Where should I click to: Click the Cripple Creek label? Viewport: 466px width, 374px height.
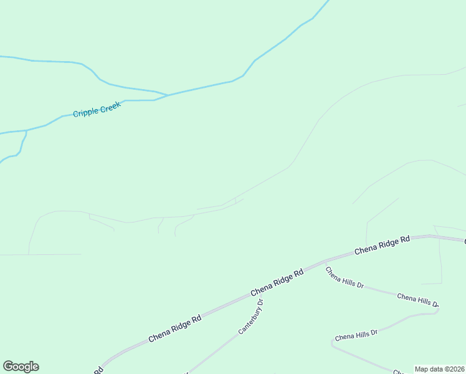[x=96, y=109]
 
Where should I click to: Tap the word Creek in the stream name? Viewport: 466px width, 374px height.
[x=108, y=107]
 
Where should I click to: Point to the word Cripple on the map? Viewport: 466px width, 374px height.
[x=85, y=112]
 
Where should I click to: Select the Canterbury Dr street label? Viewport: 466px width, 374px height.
[x=251, y=317]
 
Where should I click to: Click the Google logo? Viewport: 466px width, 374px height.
[x=21, y=367]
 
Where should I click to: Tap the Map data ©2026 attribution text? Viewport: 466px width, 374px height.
[x=440, y=369]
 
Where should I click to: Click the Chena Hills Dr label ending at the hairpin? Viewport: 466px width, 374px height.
[x=417, y=300]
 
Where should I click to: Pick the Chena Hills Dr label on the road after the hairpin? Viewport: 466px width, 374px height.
[x=356, y=335]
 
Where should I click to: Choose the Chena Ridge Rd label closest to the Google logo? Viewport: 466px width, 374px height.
[x=175, y=328]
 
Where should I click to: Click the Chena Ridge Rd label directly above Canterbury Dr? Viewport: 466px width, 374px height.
[x=277, y=282]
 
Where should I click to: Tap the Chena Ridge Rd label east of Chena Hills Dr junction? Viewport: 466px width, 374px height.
[x=382, y=245]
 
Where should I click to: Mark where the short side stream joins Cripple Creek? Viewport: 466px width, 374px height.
[x=26, y=131]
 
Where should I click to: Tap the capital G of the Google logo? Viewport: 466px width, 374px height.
[x=8, y=367]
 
